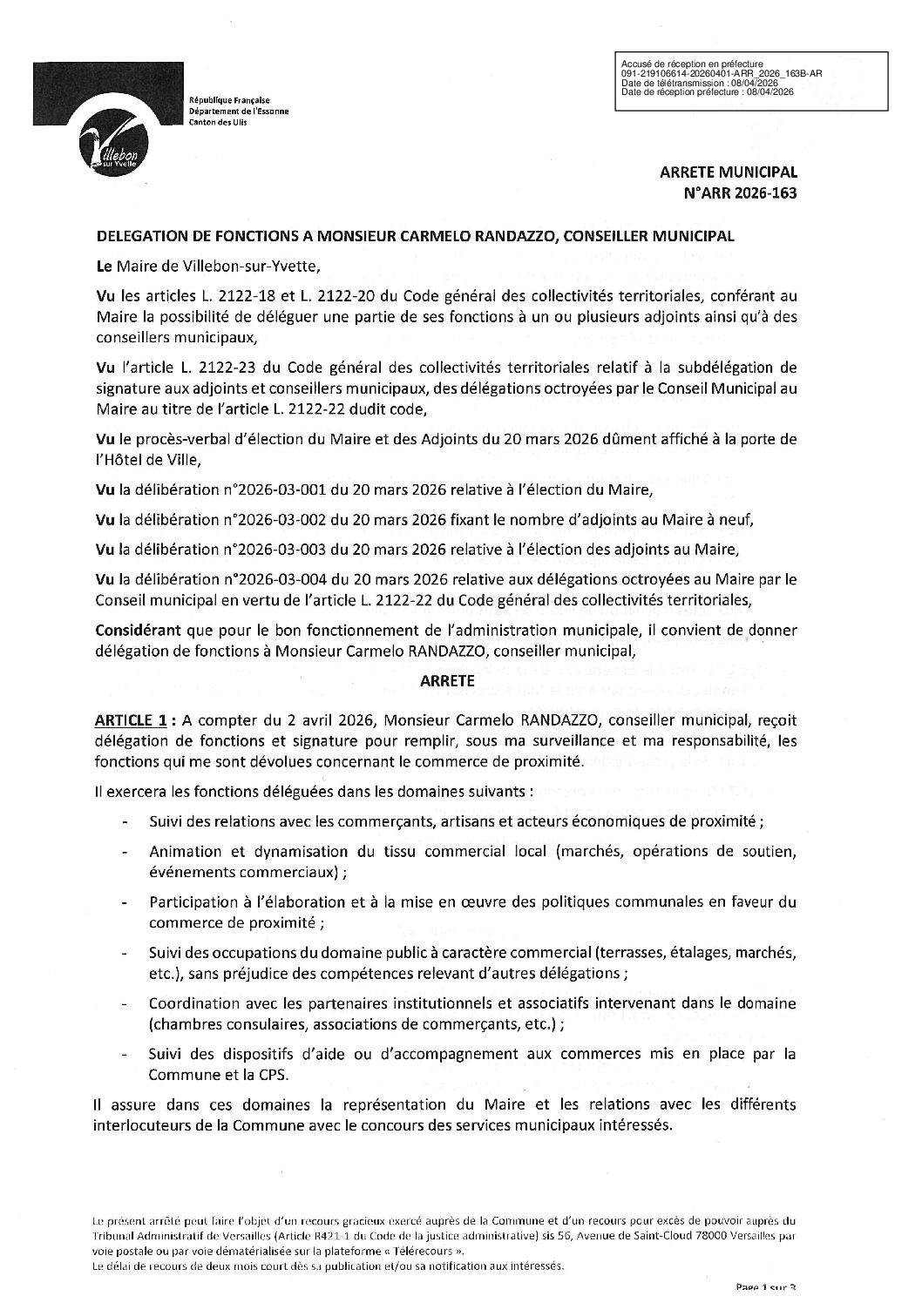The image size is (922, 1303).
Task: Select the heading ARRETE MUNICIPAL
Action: pyautogui.click(x=729, y=172)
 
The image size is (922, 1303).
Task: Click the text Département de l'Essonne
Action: pyautogui.click(x=239, y=111)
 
